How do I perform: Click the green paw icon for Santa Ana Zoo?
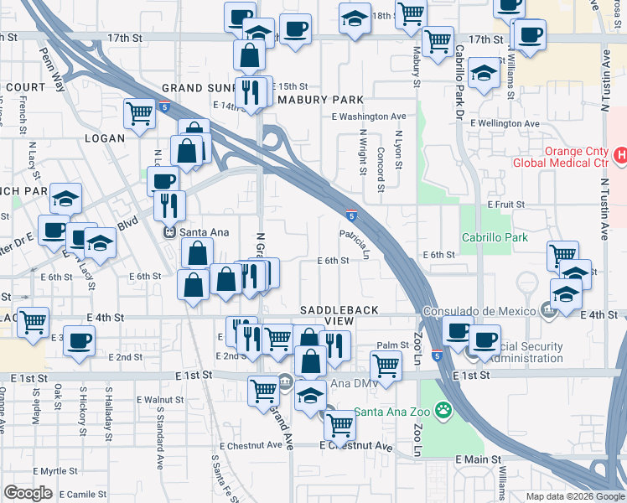click(442, 411)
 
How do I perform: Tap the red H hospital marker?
click(621, 155)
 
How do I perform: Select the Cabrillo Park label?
click(495, 237)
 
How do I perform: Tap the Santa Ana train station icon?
click(169, 232)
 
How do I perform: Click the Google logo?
click(28, 493)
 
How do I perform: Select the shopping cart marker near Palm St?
click(385, 365)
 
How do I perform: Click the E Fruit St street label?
click(505, 204)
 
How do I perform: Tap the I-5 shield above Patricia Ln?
click(353, 216)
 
